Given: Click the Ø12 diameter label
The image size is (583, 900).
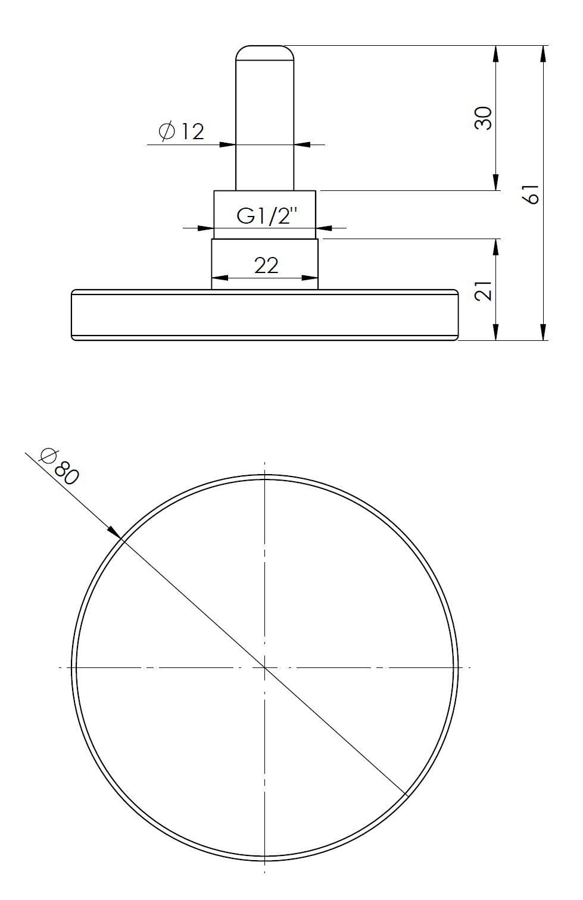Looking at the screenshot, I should (x=182, y=131).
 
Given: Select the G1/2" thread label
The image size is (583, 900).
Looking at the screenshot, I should (x=266, y=215).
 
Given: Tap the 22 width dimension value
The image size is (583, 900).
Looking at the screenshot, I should (x=266, y=265).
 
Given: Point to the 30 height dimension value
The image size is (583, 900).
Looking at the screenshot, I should (x=483, y=118).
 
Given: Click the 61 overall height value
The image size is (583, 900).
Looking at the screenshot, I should (x=530, y=193).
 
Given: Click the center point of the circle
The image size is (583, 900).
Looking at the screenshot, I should (x=264, y=667).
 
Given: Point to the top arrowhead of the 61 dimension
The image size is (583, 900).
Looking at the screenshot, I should (x=543, y=52).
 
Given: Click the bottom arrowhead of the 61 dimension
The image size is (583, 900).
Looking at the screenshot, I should (x=543, y=333).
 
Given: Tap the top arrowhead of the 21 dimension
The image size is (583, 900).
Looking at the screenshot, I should (x=495, y=246).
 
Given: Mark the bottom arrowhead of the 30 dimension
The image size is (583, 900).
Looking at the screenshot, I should (x=495, y=183).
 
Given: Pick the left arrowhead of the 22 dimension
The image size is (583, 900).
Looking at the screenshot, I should (x=219, y=277).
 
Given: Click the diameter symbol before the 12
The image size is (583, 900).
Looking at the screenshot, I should (x=167, y=131).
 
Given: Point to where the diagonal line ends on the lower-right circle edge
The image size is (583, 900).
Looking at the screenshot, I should (x=406, y=794).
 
